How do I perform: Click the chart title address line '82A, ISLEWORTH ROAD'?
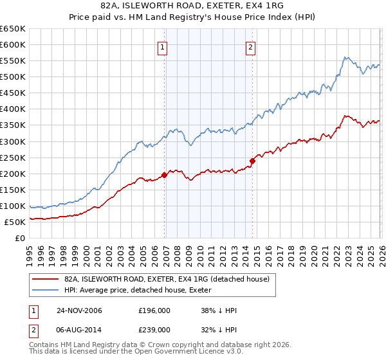coord(192,6)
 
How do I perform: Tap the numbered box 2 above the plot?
coord(250,46)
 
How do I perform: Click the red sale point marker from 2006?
coord(165,174)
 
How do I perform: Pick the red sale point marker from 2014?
coord(253,161)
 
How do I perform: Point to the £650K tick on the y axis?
coord(13,29)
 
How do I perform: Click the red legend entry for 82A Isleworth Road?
coord(170,279)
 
